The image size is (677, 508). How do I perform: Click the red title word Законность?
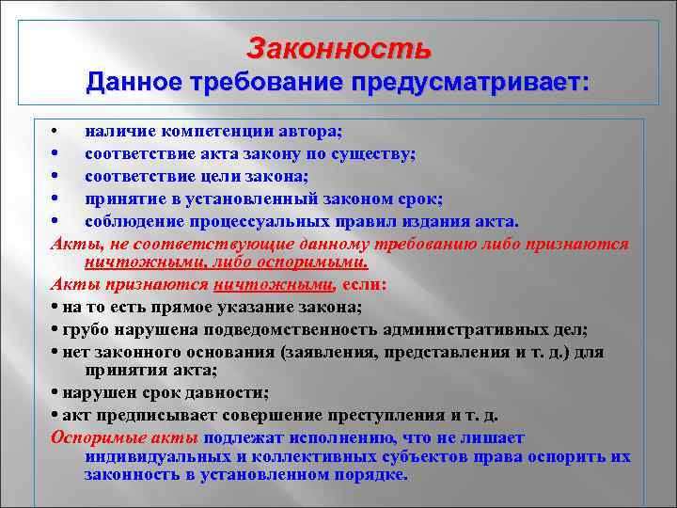point(338,47)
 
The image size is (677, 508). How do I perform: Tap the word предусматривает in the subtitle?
point(467,84)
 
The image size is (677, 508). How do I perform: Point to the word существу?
point(375,154)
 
